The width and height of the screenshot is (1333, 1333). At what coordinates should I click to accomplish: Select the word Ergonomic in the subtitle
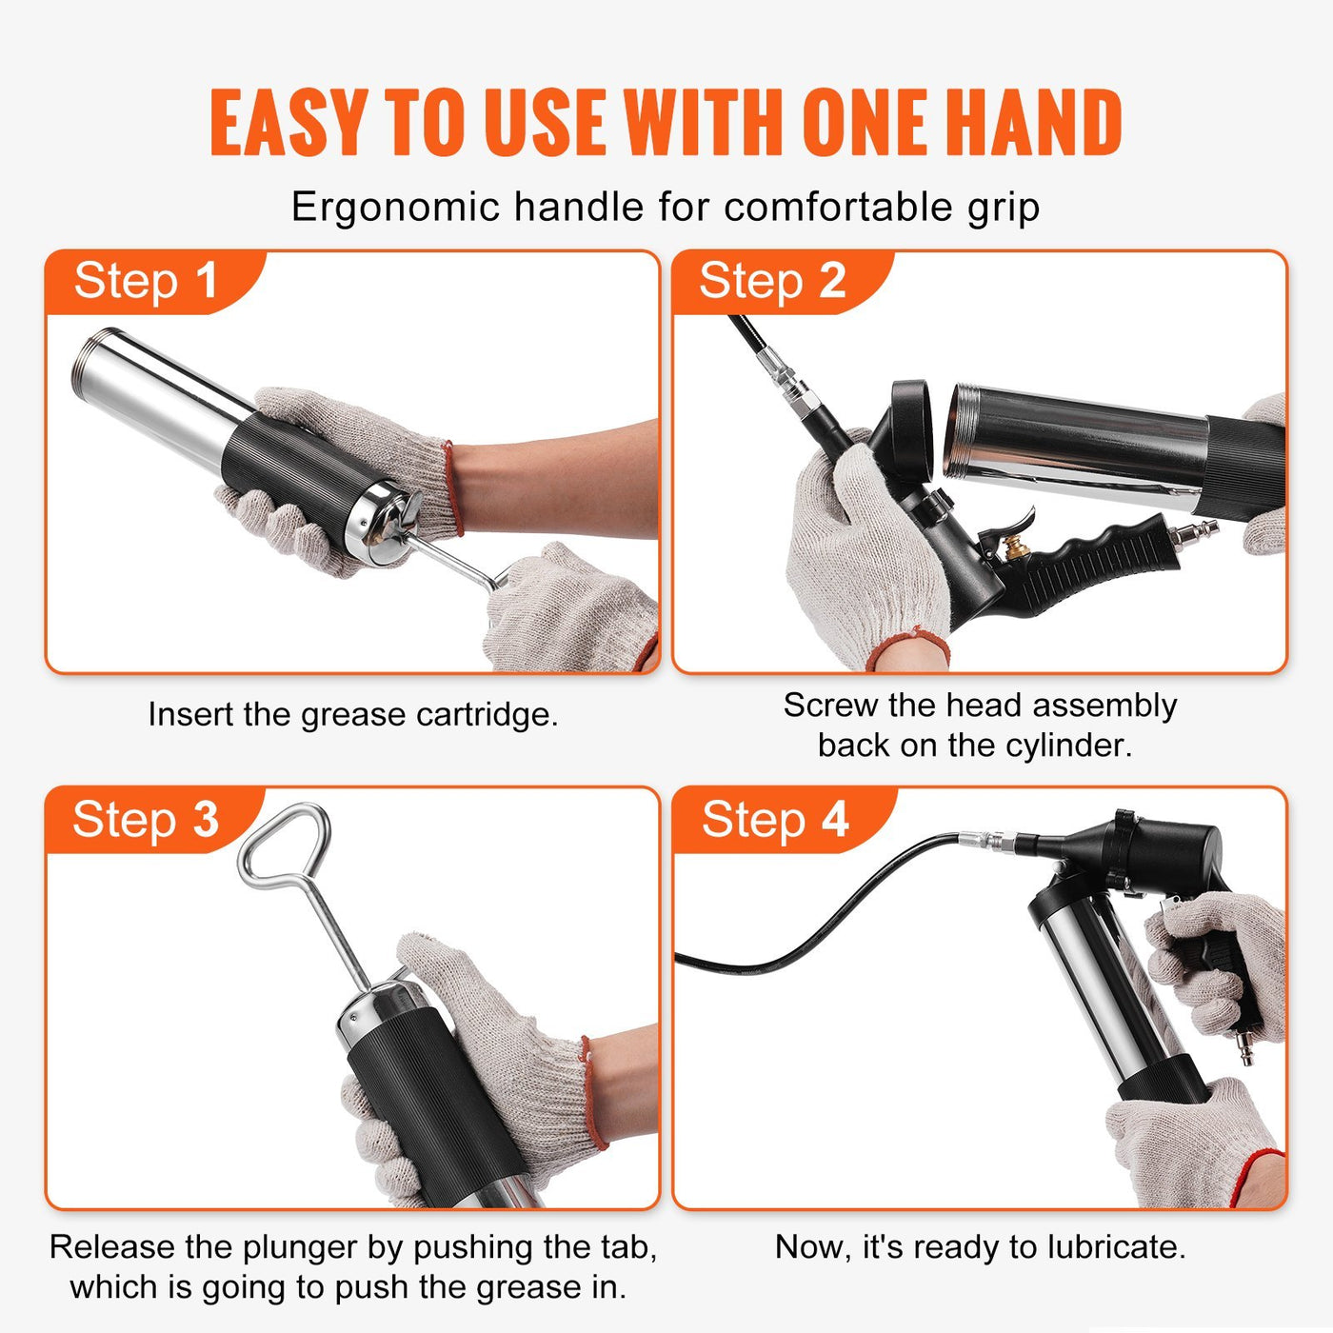coord(394,207)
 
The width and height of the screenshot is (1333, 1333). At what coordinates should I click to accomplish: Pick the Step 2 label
coord(772,281)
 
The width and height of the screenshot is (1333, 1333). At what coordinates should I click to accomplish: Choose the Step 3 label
coord(146,820)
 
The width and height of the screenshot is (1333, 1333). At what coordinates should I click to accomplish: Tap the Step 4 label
coord(774,820)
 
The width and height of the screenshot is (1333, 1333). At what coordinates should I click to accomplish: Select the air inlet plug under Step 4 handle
coord(1243,1047)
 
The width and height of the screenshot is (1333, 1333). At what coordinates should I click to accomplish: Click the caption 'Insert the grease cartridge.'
coord(352,714)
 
